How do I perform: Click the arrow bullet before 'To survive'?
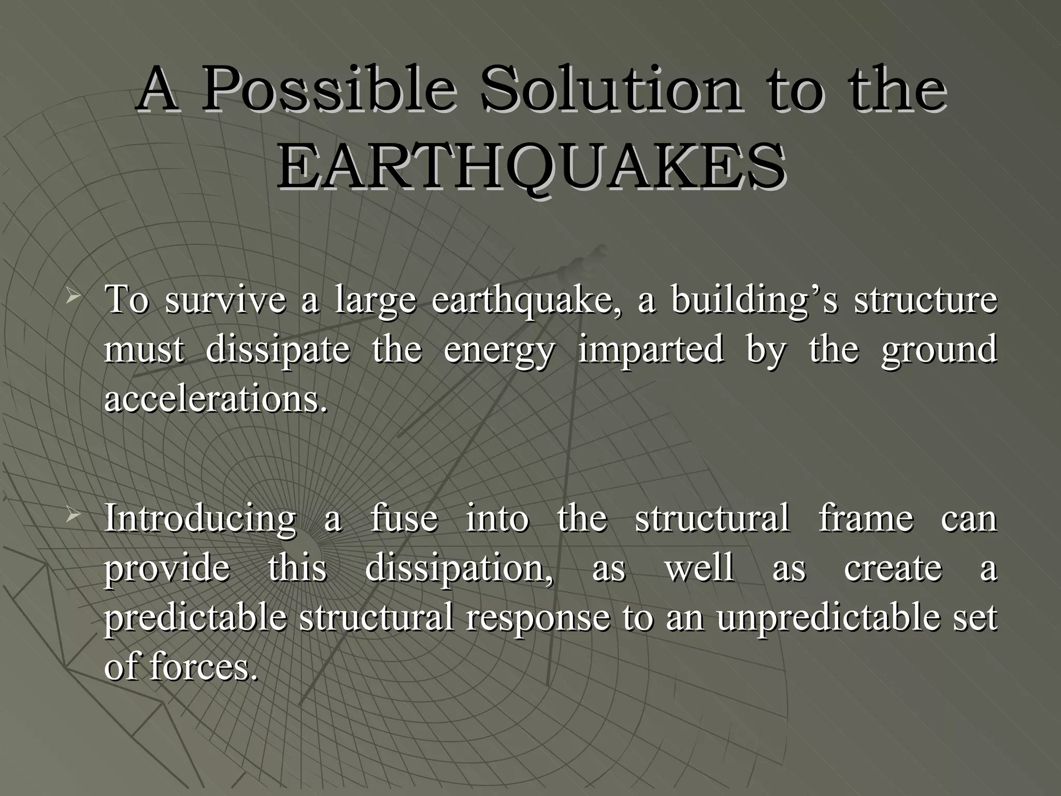pyautogui.click(x=72, y=297)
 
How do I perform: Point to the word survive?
pyautogui.click(x=225, y=301)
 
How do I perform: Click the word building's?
pyautogui.click(x=753, y=301)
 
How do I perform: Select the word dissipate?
pyautogui.click(x=278, y=349)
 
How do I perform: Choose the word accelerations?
pyautogui.click(x=216, y=399)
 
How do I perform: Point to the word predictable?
pyautogui.click(x=195, y=618)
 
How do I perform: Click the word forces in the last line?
pyautogui.click(x=203, y=666)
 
